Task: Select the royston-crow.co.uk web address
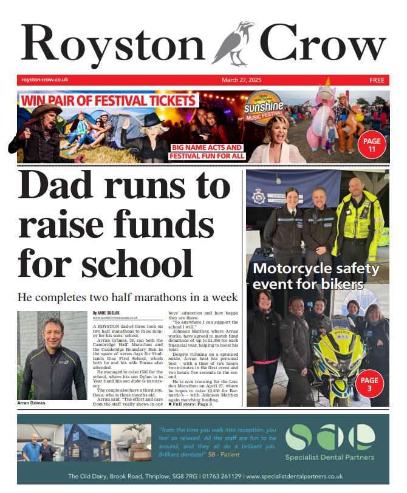[44, 80]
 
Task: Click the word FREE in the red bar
[377, 80]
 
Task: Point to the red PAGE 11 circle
[372, 146]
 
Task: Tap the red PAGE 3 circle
[369, 386]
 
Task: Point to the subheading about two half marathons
[128, 297]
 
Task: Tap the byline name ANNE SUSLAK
[110, 312]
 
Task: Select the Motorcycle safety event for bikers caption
[316, 276]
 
